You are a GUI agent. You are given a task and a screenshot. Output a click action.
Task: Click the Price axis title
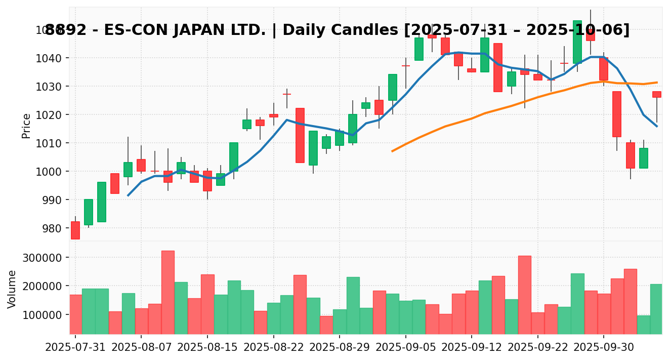(x=26, y=126)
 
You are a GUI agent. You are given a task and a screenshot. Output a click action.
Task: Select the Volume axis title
(x=12, y=289)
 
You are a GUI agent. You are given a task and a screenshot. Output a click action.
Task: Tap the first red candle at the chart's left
(x=75, y=230)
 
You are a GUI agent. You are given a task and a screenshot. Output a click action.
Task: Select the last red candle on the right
(x=656, y=94)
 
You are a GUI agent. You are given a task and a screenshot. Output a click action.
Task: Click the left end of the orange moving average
(x=392, y=151)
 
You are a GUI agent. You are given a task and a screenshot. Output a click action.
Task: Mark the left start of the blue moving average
(x=128, y=195)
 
